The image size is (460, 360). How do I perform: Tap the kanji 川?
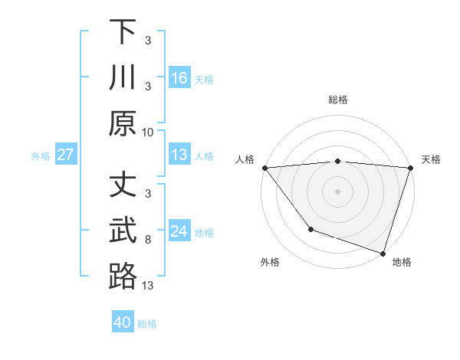click(123, 77)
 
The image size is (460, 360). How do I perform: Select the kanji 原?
click(123, 123)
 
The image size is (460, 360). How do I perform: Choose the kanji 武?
click(123, 231)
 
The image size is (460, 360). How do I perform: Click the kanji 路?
click(123, 277)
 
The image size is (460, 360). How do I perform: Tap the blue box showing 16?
click(179, 78)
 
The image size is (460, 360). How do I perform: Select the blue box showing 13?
click(179, 155)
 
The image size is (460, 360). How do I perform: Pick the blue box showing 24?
click(179, 231)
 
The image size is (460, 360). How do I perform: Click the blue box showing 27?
click(66, 155)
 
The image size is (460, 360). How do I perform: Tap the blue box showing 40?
click(123, 322)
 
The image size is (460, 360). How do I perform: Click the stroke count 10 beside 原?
click(147, 132)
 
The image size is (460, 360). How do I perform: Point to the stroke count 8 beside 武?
click(149, 240)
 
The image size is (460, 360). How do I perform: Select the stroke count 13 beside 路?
click(148, 286)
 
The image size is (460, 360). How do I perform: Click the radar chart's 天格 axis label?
click(431, 159)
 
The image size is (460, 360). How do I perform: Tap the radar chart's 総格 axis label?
click(338, 100)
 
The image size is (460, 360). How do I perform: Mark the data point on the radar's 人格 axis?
click(264, 168)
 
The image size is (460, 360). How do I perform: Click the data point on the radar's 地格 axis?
click(383, 253)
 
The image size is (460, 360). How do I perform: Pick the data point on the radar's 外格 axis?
click(310, 229)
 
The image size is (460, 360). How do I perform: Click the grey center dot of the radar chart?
click(338, 191)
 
